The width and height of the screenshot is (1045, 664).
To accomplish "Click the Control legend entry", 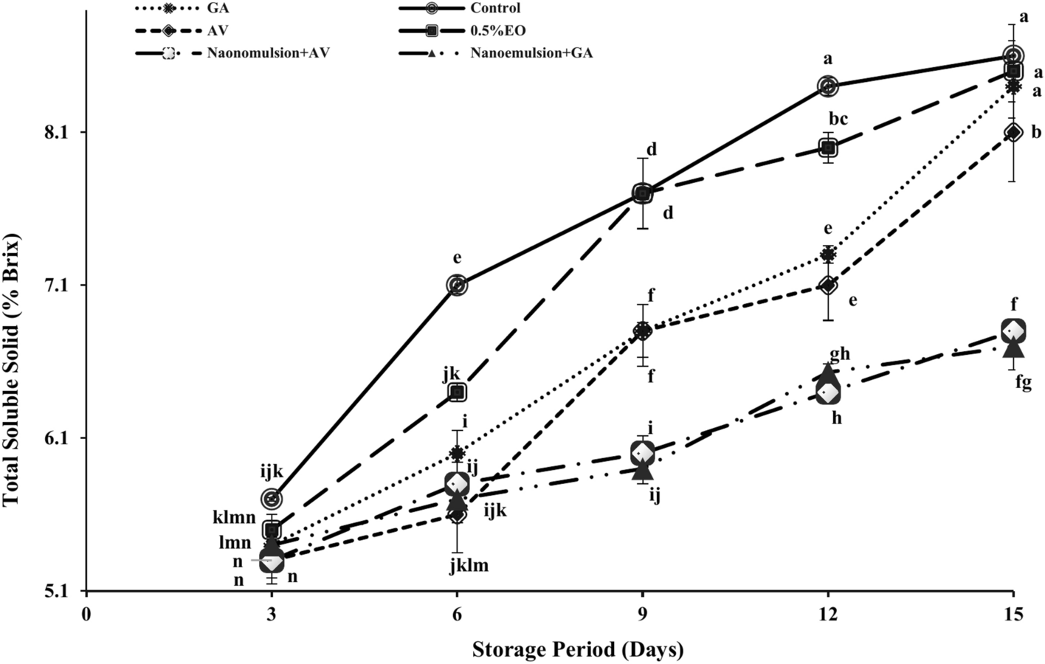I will pyautogui.click(x=495, y=8).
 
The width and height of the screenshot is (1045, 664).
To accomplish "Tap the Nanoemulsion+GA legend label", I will pyautogui.click(x=531, y=53).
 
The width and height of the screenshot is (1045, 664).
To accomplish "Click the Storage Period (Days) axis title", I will pyautogui.click(x=578, y=649).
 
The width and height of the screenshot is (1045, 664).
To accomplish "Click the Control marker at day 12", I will pyautogui.click(x=828, y=86).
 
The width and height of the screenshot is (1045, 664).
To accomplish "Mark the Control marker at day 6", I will pyautogui.click(x=458, y=285).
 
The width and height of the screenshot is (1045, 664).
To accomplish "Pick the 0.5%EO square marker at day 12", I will pyautogui.click(x=828, y=148).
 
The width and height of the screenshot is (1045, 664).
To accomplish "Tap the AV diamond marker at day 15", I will pyautogui.click(x=1013, y=132).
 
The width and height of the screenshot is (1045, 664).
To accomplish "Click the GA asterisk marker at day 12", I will pyautogui.click(x=828, y=255).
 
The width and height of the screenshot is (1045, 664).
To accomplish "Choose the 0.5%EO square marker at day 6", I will pyautogui.click(x=458, y=392).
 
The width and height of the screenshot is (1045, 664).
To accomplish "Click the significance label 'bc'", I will pyautogui.click(x=838, y=118).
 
